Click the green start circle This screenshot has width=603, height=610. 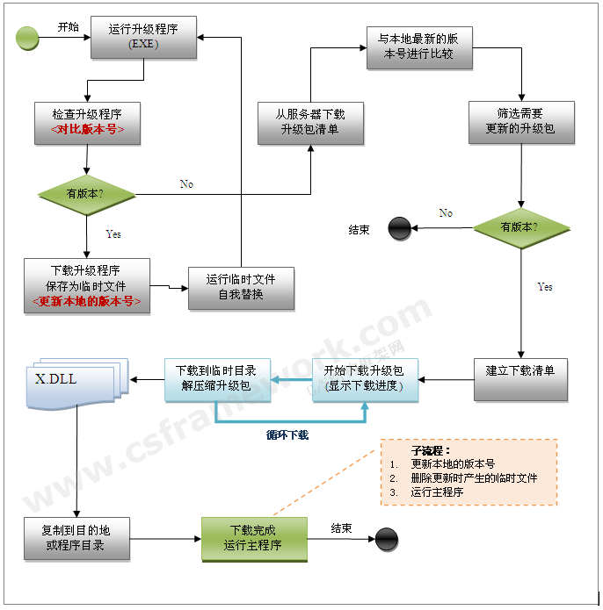point(28,38)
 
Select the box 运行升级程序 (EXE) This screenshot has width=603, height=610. point(143,37)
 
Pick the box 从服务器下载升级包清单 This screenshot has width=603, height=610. point(309,122)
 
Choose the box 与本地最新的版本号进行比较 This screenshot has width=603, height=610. point(418,47)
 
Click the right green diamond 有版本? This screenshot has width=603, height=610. point(520,227)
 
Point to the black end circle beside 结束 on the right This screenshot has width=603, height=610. point(400,230)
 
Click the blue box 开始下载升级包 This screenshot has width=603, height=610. point(365,378)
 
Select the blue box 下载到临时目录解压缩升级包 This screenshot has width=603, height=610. point(216,378)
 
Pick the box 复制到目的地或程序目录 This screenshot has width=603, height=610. point(76,537)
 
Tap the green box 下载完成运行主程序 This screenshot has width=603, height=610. point(253,537)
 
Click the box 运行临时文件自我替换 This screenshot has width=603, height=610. point(240,286)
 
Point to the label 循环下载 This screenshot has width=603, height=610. point(287,434)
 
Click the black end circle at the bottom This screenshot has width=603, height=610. point(387,539)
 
